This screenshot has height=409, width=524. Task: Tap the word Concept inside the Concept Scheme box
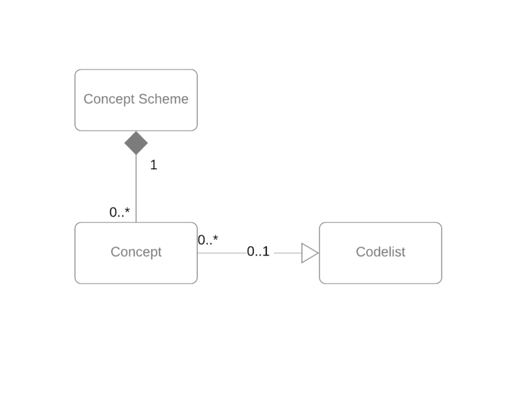coord(109,100)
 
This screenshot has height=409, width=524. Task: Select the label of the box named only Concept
coord(136,252)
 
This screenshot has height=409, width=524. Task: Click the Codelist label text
coord(380,252)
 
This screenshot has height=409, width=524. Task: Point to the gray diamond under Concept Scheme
coord(136,143)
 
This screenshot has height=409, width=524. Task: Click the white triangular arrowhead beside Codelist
coord(309,253)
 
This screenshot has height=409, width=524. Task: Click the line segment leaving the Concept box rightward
coord(223,253)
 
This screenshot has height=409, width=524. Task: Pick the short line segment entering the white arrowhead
coord(286,253)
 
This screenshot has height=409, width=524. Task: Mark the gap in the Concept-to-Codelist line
coord(260,253)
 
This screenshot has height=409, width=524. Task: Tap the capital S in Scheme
coord(142,100)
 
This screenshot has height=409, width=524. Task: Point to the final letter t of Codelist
coord(403,252)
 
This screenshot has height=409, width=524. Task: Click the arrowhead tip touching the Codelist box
coord(318,253)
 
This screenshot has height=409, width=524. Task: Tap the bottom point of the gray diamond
coord(136,155)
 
